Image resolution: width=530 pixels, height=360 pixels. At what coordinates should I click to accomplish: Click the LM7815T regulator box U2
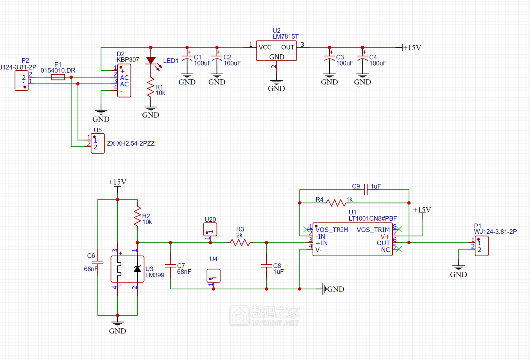[x=276, y=51]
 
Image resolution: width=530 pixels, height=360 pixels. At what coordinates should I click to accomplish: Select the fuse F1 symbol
[x=58, y=77]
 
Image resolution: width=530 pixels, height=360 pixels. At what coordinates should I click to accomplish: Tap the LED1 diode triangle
[x=151, y=60]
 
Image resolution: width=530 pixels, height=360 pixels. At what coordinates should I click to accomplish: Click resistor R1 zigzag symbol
[x=151, y=87]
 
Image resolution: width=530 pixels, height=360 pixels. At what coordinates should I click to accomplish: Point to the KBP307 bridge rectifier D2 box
[x=124, y=80]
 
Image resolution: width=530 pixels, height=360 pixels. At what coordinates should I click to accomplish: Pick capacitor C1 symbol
[x=187, y=58]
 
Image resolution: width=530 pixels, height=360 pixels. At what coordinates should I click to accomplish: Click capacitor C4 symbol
[x=362, y=58]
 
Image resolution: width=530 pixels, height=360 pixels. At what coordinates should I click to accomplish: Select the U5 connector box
[x=98, y=143]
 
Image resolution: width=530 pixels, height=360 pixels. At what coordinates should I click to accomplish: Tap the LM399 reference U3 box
[x=127, y=269]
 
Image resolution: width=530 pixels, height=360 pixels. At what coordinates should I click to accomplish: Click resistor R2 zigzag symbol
[x=137, y=216]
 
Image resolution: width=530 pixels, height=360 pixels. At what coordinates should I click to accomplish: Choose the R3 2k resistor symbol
[x=240, y=242]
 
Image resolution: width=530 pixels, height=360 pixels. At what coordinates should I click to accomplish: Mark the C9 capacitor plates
[x=366, y=190]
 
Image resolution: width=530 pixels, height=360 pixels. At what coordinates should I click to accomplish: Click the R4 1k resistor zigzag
[x=336, y=203]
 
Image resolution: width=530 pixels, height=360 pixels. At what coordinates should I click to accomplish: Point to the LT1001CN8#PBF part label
[x=373, y=218]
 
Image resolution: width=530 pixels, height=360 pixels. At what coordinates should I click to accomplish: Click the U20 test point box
[x=210, y=229]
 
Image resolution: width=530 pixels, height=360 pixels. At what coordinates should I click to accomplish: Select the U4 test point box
[x=214, y=276]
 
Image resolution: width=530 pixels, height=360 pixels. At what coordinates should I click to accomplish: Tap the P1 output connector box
[x=482, y=246]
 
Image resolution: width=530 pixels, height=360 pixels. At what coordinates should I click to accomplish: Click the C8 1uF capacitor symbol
[x=266, y=266]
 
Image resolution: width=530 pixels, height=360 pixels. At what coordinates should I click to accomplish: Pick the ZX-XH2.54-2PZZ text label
[x=131, y=143]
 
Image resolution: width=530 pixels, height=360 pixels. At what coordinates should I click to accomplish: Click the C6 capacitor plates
[x=98, y=262]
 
